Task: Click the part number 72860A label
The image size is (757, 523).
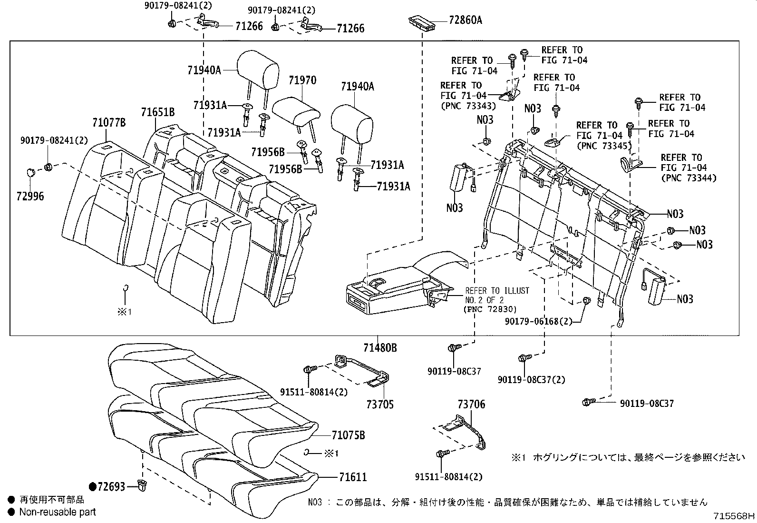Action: pyautogui.click(x=465, y=20)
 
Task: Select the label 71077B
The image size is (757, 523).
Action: pyautogui.click(x=109, y=123)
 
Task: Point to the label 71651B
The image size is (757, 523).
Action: pyautogui.click(x=157, y=112)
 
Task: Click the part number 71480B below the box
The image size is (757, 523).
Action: pyautogui.click(x=380, y=348)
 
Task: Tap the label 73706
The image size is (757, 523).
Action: pyautogui.click(x=471, y=405)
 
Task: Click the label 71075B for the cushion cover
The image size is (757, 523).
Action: pyautogui.click(x=348, y=435)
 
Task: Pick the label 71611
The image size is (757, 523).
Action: pyautogui.click(x=353, y=476)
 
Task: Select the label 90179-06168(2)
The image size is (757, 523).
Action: pyautogui.click(x=538, y=322)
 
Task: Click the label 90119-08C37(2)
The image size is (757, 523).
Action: pyautogui.click(x=531, y=380)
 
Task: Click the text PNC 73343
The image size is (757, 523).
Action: pyautogui.click(x=468, y=106)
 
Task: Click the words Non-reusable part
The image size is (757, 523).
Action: pyautogui.click(x=58, y=512)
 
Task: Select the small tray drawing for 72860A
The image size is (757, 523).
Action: pyautogui.click(x=422, y=22)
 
